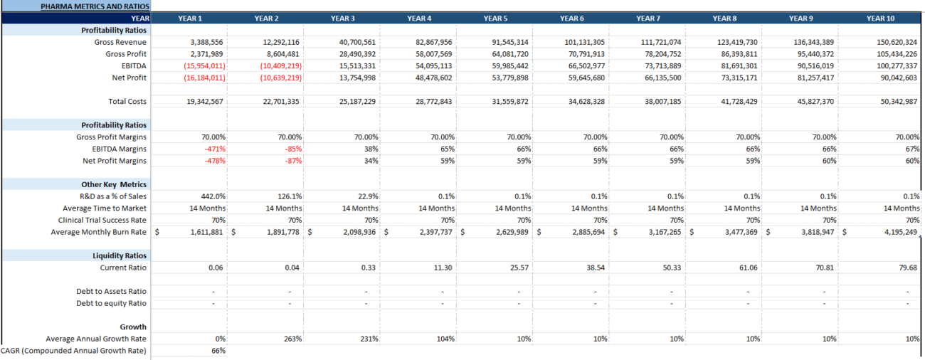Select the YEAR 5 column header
[x=495, y=18]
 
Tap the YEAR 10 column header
[x=880, y=18]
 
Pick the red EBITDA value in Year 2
[x=281, y=65]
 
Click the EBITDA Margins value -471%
[x=214, y=149]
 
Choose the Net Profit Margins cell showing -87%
[x=292, y=161]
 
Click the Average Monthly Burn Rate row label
[x=99, y=232]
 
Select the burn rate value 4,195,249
[x=896, y=232]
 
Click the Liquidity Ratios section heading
[x=120, y=255]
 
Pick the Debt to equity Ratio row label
[x=112, y=303]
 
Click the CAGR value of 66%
[x=218, y=351]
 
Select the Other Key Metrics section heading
[x=114, y=184]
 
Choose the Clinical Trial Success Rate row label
[x=102, y=220]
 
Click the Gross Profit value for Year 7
[x=665, y=54]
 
